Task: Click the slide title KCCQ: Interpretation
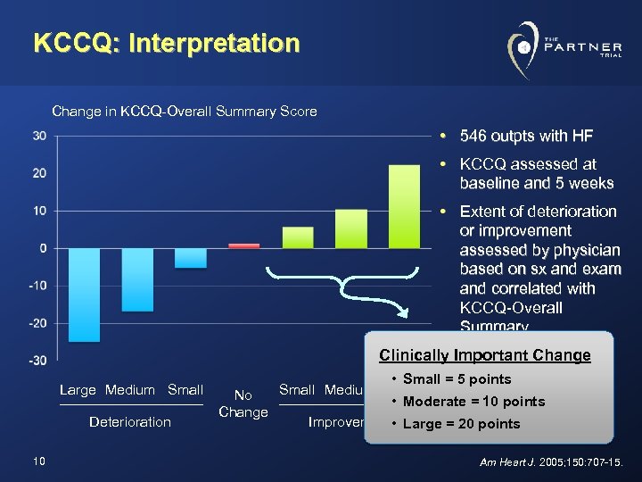[166, 43]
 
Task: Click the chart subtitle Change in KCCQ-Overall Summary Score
[185, 112]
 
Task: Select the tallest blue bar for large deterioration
[84, 295]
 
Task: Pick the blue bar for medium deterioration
[137, 279]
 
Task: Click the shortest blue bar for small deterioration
[191, 258]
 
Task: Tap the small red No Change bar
[244, 245]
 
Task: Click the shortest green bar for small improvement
[298, 237]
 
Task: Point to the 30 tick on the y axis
[40, 136]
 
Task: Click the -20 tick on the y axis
[37, 323]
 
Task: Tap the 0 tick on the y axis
[43, 248]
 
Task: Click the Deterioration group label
[130, 422]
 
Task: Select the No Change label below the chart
[243, 404]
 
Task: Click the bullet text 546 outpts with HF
[526, 137]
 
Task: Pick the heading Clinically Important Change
[484, 355]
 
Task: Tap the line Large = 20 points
[461, 423]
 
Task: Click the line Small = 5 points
[457, 379]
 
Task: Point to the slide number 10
[38, 461]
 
